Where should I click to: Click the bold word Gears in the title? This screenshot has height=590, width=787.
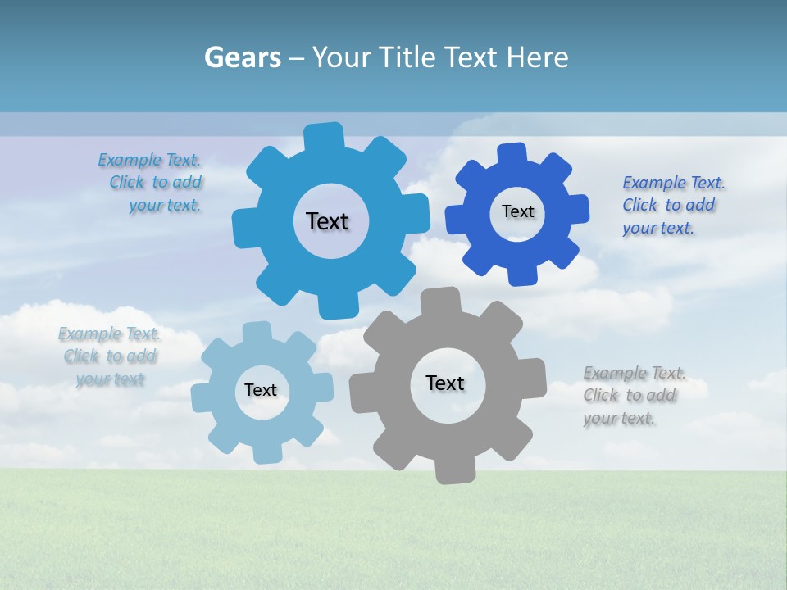pyautogui.click(x=241, y=57)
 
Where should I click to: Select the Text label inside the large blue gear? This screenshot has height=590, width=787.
pyautogui.click(x=327, y=221)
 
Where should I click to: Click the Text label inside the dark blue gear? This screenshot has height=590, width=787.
pyautogui.click(x=517, y=211)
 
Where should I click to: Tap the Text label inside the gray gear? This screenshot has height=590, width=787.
pyautogui.click(x=444, y=383)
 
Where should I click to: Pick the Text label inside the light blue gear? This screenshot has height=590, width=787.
pyautogui.click(x=260, y=390)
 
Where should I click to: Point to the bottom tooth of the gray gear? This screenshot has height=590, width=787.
pyautogui.click(x=454, y=470)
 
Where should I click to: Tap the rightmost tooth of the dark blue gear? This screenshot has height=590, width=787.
pyautogui.click(x=578, y=208)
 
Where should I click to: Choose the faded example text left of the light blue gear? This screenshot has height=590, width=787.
pyautogui.click(x=110, y=356)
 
